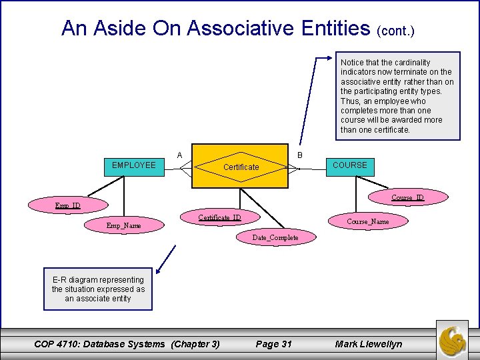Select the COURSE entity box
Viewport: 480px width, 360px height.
(349, 166)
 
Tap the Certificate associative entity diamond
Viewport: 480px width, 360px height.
(241, 167)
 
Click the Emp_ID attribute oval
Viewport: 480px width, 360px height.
(68, 205)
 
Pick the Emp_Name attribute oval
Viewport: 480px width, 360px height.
(124, 225)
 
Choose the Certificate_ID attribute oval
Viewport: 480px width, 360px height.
(219, 218)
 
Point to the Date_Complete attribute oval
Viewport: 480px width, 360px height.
(275, 237)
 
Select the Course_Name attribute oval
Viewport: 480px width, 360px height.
(368, 221)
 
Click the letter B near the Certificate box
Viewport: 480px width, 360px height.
(300, 155)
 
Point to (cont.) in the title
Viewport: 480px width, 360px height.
(396, 31)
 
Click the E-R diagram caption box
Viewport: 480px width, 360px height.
(98, 289)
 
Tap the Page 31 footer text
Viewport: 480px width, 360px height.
(274, 344)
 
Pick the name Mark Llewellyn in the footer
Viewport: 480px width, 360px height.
(369, 344)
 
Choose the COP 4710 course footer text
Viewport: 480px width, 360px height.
(127, 344)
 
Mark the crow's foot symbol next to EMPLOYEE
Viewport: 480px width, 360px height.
(175, 169)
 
